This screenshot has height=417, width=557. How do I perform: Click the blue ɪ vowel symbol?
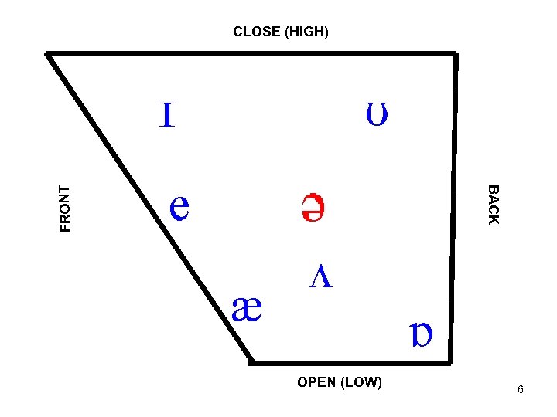(166, 116)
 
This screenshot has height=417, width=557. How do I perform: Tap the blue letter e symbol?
(179, 206)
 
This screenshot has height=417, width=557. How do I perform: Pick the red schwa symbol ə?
(313, 207)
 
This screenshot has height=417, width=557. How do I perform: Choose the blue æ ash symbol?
(248, 311)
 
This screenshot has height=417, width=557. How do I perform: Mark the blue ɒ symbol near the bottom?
(422, 334)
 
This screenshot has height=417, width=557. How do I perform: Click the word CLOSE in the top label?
(257, 32)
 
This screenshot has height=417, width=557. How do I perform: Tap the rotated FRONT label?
(66, 208)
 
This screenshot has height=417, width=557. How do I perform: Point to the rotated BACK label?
(494, 205)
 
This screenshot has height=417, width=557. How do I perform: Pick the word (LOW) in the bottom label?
(361, 382)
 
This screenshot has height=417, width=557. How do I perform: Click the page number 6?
(521, 390)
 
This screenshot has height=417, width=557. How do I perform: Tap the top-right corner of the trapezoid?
(455, 54)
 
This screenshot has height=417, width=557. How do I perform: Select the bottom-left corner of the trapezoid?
(252, 361)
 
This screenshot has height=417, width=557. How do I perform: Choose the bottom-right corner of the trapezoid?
(450, 361)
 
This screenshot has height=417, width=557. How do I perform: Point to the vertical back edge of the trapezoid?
(453, 208)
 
